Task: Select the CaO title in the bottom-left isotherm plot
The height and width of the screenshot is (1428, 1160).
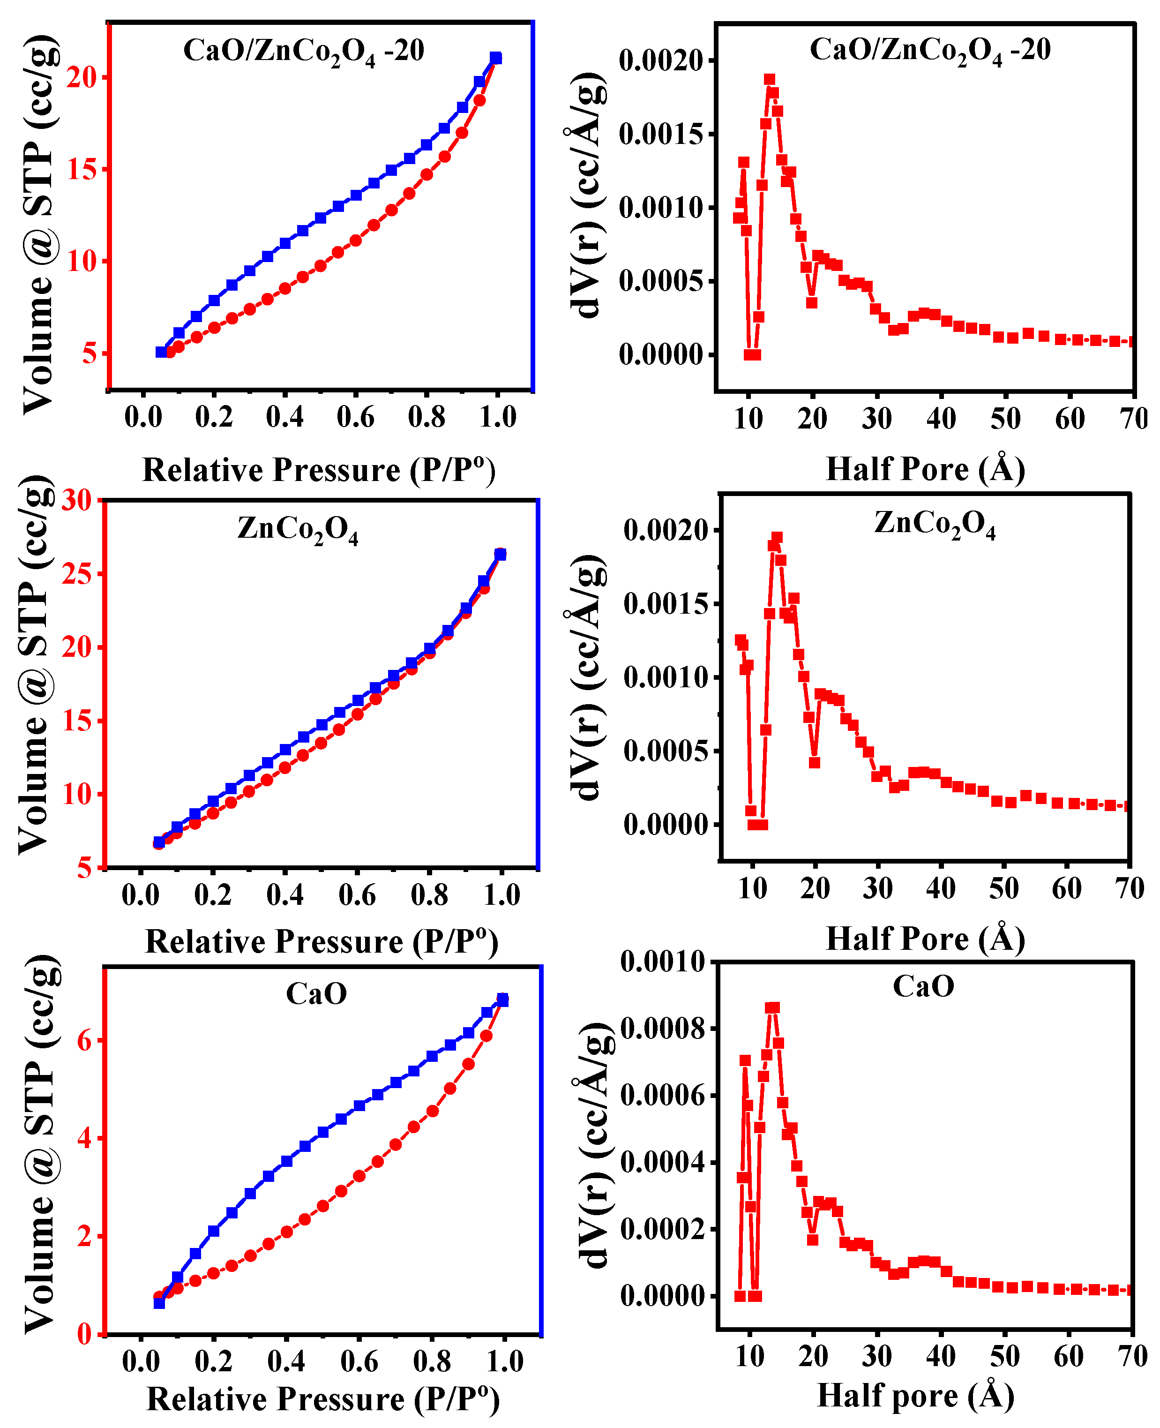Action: (316, 994)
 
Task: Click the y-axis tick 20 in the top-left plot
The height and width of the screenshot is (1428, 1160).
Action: (82, 77)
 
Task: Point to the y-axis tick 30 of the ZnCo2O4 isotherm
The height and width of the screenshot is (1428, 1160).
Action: (77, 500)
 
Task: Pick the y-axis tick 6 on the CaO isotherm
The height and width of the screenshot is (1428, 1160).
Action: (84, 1040)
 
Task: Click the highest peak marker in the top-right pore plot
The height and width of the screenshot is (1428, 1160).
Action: (770, 80)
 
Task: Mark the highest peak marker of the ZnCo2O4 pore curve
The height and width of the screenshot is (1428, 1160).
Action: (777, 537)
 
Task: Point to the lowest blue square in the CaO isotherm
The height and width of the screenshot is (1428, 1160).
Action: (159, 1303)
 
